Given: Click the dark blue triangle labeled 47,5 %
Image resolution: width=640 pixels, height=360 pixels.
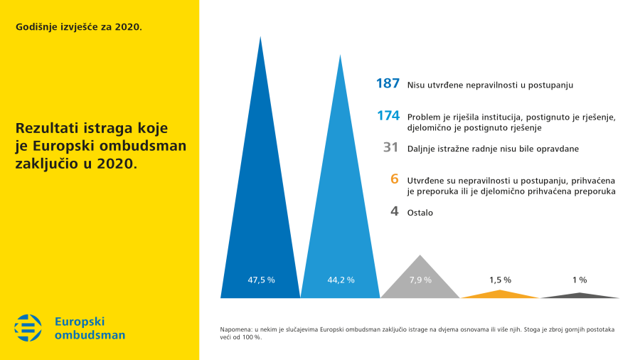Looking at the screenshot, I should pos(260,213).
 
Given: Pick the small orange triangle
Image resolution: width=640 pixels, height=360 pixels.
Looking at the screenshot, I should pos(501,294).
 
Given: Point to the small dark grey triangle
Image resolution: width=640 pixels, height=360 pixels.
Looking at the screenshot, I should pos(580,295).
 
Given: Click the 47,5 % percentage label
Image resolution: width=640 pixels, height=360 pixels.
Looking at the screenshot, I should pos(261,280).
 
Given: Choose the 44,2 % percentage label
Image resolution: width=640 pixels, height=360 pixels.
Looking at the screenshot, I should pos(341,280).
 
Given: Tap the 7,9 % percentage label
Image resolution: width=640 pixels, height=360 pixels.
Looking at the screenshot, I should pos(420,280).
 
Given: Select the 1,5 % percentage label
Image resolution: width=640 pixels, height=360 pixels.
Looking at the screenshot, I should pos(500,280).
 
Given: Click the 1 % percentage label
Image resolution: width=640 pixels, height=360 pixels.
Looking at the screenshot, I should pos(580,280).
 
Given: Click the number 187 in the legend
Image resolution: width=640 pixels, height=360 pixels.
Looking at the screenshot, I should pos(388,84).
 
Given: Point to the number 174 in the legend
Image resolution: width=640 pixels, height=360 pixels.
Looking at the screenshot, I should pos(388,115).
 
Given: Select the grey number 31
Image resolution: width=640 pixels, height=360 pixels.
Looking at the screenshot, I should pos(390,148).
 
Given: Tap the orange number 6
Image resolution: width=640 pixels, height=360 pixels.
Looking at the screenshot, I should pos(394,179).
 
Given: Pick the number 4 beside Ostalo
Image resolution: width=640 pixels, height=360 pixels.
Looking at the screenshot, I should pos(394,211).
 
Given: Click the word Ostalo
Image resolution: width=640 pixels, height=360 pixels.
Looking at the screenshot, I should pos(420,213).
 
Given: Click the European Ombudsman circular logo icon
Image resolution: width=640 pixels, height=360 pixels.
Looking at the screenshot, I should pos(28,327).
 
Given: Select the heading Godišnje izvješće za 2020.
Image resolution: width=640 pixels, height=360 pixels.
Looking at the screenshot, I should pos(79,27).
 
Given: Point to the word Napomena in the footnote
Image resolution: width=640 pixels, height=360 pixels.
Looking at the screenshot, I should pos(236,329).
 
